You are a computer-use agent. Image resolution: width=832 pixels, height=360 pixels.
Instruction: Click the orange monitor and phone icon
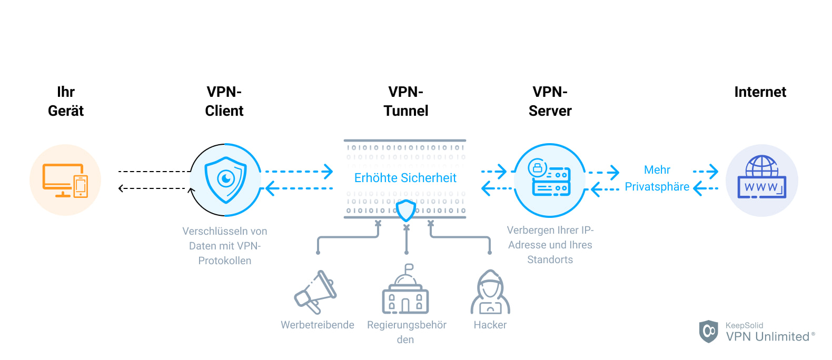click(65, 181)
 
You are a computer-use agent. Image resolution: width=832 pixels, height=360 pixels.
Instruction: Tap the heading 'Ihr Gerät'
click(66, 101)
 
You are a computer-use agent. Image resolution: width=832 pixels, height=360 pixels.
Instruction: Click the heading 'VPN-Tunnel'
click(405, 101)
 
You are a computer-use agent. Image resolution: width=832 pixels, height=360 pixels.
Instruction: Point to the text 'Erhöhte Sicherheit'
click(405, 178)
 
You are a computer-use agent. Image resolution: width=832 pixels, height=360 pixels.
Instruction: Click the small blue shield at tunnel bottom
click(406, 211)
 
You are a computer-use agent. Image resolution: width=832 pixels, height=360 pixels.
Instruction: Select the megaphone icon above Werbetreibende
click(315, 292)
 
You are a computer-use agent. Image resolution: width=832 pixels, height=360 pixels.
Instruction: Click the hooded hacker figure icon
click(490, 293)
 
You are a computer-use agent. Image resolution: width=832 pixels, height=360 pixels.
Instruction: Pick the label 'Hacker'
click(490, 325)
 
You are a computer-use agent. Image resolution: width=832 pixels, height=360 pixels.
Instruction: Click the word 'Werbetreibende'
click(317, 325)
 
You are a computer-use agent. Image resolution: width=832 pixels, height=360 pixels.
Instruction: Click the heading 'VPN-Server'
click(550, 101)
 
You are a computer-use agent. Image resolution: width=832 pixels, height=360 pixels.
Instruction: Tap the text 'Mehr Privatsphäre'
click(657, 178)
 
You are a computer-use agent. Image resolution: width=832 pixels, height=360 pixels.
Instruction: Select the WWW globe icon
click(761, 178)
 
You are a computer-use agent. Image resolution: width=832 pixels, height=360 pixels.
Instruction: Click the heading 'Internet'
click(760, 92)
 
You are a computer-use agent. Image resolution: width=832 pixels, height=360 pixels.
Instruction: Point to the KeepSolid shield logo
click(708, 331)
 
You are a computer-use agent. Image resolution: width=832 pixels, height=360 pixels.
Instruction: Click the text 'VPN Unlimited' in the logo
click(767, 337)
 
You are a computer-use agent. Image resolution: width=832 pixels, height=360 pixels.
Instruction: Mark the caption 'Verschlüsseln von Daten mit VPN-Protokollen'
click(225, 246)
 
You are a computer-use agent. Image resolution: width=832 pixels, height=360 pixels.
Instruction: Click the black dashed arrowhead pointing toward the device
click(121, 188)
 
